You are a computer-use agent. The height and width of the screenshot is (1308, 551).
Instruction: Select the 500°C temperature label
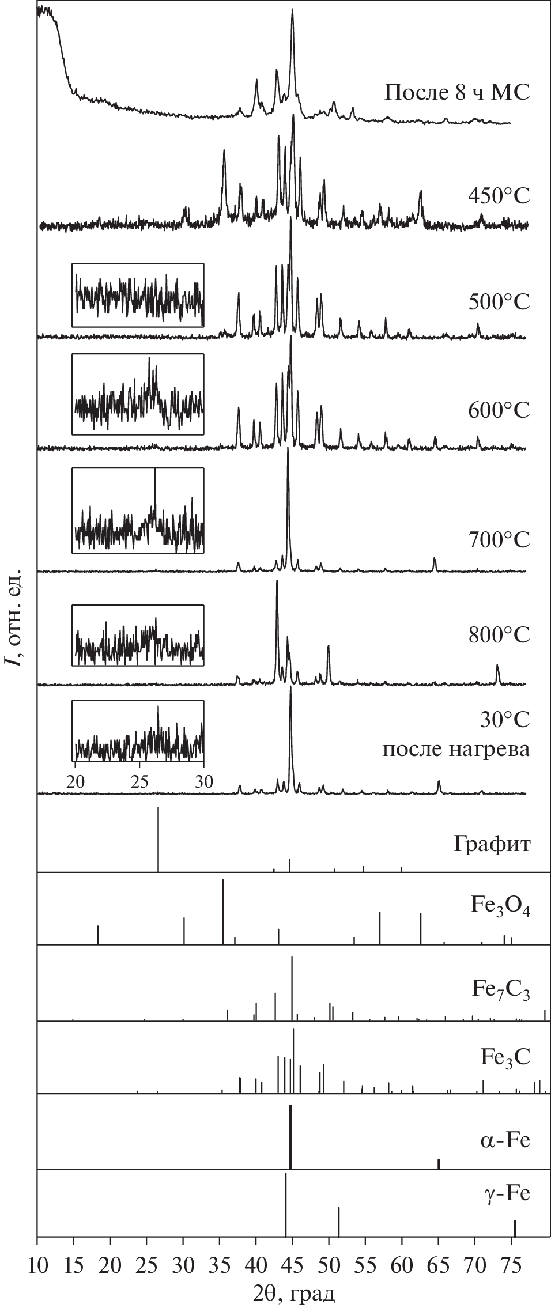[499, 302]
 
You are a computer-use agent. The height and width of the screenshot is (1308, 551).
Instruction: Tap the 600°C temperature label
[499, 411]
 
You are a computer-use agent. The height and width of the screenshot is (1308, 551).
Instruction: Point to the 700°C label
[499, 540]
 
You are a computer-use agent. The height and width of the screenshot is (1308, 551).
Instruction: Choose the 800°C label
[499, 634]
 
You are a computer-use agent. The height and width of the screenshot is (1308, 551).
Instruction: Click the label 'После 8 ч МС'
[456, 92]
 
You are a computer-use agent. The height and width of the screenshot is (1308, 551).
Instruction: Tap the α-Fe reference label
[505, 1140]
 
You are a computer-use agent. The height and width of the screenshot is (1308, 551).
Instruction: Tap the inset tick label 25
[139, 782]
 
